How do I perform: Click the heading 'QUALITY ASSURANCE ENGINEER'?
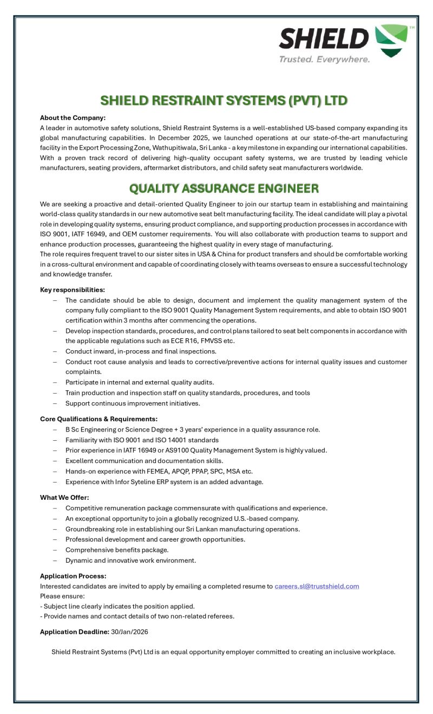pyautogui.click(x=224, y=189)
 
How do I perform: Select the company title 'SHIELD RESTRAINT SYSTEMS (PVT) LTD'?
pyautogui.click(x=224, y=101)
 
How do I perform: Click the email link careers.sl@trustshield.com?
pyautogui.click(x=317, y=586)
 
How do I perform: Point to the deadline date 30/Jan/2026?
pyautogui.click(x=130, y=632)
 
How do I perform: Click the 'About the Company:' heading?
pyautogui.click(x=73, y=118)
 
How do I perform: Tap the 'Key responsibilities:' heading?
pyautogui.click(x=73, y=290)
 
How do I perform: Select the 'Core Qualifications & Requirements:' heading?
pyautogui.click(x=99, y=419)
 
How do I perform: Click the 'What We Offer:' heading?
pyautogui.click(x=64, y=498)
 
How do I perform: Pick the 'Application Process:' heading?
pyautogui.click(x=73, y=576)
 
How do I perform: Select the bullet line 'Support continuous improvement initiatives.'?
pyautogui.click(x=133, y=403)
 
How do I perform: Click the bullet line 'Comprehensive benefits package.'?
pyautogui.click(x=117, y=550)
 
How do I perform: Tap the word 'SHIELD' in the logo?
pyautogui.click(x=323, y=39)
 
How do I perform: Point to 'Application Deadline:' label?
pyautogui.click(x=74, y=632)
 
